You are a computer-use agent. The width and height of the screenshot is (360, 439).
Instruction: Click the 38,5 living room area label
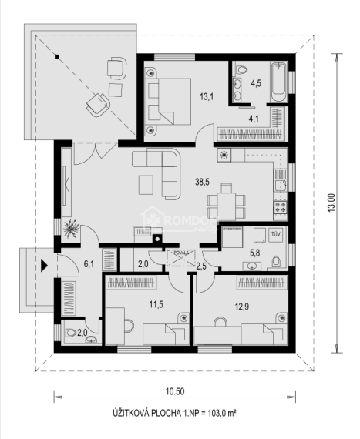[203, 183]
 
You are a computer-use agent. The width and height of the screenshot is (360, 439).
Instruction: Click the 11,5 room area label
[156, 305]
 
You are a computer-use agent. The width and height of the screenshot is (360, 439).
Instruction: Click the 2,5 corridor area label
[202, 266]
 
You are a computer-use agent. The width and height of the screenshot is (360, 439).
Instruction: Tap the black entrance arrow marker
[44, 266]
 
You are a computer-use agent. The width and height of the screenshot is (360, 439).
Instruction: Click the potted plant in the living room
[73, 228]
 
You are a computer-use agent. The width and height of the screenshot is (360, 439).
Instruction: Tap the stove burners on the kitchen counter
[278, 206]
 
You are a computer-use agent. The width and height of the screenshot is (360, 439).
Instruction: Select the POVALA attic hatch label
[180, 252]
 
